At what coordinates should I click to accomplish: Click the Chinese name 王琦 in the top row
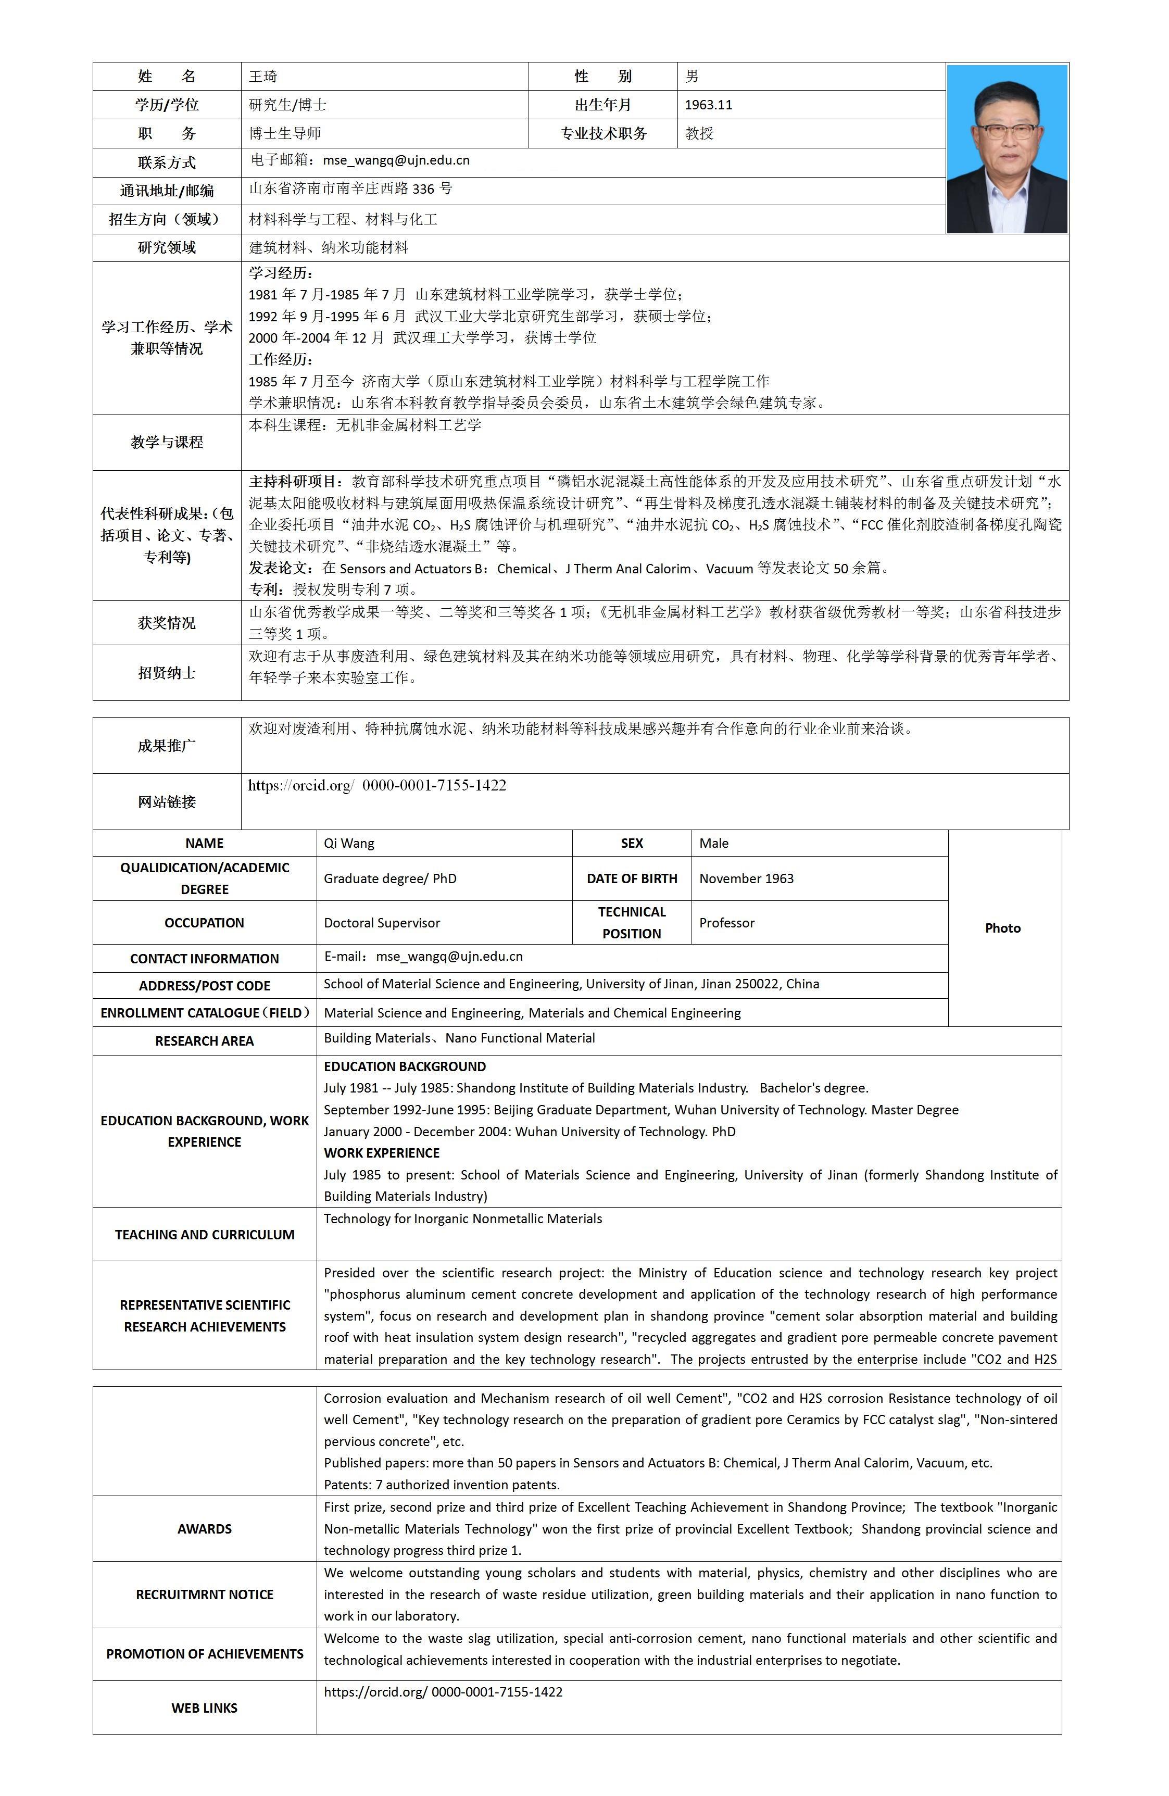(x=263, y=76)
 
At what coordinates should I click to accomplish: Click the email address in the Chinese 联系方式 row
(x=396, y=160)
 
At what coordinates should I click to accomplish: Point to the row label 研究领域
(x=167, y=247)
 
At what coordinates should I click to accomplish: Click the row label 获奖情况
(x=167, y=623)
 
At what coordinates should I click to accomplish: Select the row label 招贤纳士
(x=167, y=672)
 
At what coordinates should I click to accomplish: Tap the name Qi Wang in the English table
(x=349, y=843)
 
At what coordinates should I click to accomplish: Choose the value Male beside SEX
(x=714, y=843)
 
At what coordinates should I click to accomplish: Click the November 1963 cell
(x=746, y=878)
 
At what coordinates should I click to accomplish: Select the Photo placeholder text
(x=1002, y=928)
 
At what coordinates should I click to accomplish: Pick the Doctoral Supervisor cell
(x=382, y=923)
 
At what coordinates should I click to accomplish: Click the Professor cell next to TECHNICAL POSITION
(x=727, y=923)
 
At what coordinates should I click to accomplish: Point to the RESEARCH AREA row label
(x=205, y=1040)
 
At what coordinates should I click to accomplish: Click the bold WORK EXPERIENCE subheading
(x=382, y=1153)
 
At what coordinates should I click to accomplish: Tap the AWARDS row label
(x=205, y=1529)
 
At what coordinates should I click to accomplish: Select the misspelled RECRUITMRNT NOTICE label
(x=205, y=1594)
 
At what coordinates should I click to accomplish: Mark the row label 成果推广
(x=167, y=746)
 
